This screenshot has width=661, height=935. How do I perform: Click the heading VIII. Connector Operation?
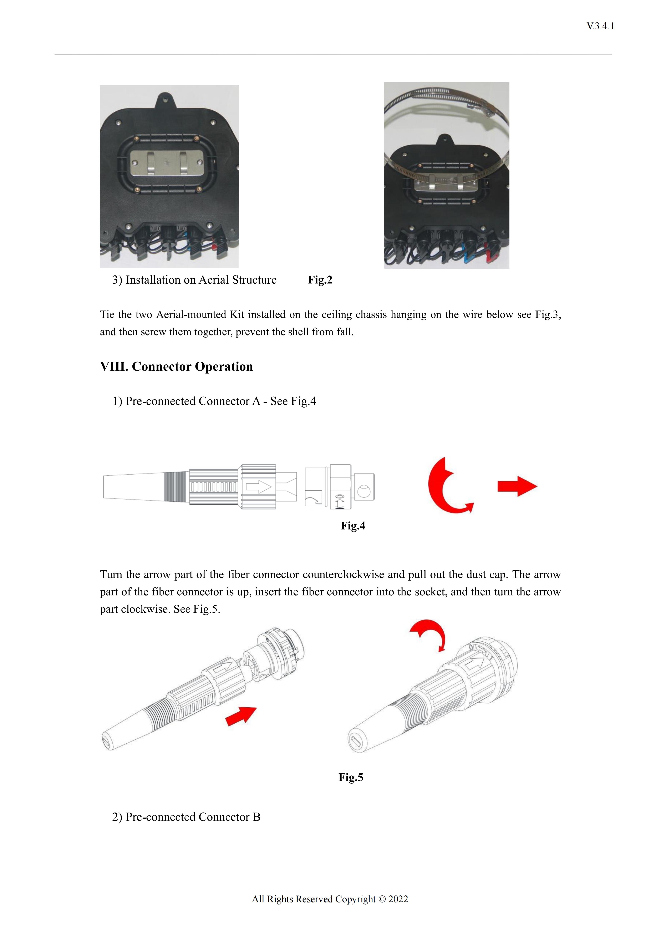click(x=176, y=367)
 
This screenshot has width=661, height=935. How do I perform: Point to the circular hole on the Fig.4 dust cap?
click(x=363, y=491)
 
